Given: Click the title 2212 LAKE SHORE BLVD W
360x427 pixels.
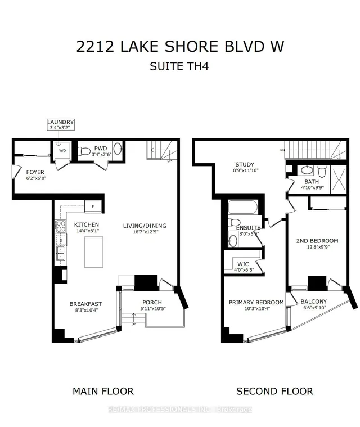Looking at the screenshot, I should [x=180, y=47].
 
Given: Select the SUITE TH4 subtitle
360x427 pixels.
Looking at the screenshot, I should [x=180, y=68].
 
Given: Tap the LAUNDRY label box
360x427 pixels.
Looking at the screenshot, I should [x=60, y=125].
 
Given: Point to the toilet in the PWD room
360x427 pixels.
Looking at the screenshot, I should [x=85, y=151].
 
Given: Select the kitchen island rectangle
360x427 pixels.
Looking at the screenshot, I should [x=94, y=251].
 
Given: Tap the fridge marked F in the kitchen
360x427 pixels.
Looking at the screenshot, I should [x=93, y=207].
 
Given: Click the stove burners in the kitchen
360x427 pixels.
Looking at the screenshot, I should [x=59, y=226].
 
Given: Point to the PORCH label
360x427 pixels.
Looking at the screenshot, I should [x=152, y=302].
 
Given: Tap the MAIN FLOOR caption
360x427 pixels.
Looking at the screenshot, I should [x=103, y=391].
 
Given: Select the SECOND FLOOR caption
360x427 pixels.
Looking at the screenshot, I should [x=274, y=391].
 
